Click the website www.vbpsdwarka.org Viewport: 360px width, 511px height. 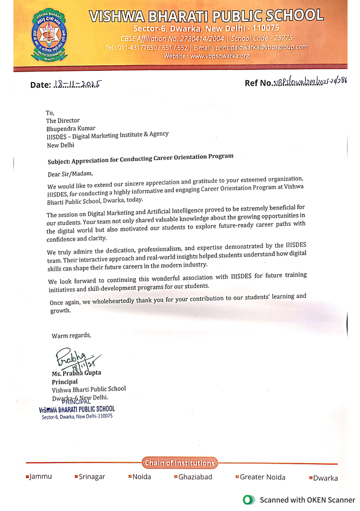220,56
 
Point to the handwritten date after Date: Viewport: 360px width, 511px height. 79,85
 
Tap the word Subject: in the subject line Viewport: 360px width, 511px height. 59,161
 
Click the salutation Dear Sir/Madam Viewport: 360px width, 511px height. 70,174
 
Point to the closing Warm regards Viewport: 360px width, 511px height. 71,335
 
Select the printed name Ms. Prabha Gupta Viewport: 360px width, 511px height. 76,373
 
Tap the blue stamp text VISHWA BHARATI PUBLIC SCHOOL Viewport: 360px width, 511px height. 77,409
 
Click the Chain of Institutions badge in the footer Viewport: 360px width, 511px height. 179,463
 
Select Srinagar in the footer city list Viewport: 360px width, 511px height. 92,477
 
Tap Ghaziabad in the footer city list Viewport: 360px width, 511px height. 195,477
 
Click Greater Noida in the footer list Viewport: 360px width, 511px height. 262,477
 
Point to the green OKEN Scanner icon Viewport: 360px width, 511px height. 248,500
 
